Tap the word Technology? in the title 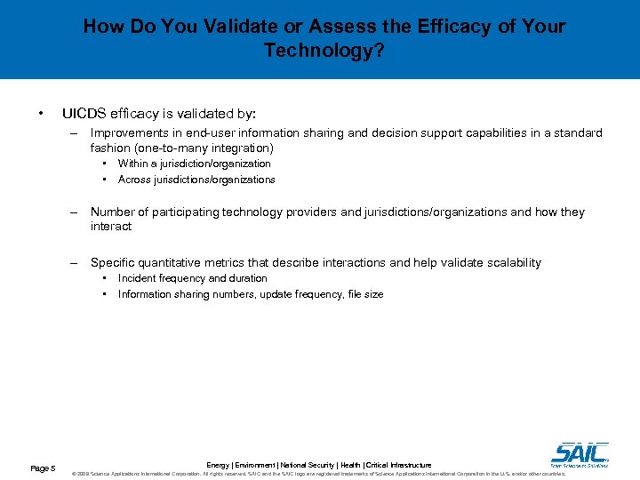pos(324,51)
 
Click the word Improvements pos(131,132)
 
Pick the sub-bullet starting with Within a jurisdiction pos(194,164)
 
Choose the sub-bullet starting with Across pos(196,180)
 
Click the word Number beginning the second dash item pos(112,212)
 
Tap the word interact pos(111,227)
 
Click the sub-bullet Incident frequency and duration pos(192,278)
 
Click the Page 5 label pos(43,468)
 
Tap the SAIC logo pos(580,453)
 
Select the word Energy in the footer pos(219,465)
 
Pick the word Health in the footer pos(350,465)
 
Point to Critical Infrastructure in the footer pos(398,465)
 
